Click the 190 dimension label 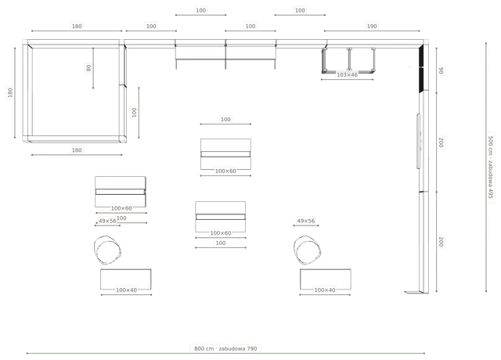coord(372,26)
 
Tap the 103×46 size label coord(347,75)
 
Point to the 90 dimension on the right coord(441,70)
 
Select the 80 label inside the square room coord(88,68)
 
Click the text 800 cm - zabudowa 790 coord(225,348)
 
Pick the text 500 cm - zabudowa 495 coord(491,167)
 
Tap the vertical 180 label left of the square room coord(10,92)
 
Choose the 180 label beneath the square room coord(77,150)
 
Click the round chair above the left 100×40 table coord(108,250)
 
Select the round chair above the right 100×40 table coord(307,250)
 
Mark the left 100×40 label coord(126,290)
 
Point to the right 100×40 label coord(325,290)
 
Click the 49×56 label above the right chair coord(306,221)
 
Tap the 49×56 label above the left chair coord(107,221)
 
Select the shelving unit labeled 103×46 coord(348,60)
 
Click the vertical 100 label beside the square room coord(134,113)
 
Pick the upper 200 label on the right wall coord(441,142)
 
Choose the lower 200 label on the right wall coord(441,242)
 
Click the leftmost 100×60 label coord(121,208)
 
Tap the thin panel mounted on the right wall coord(418,141)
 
